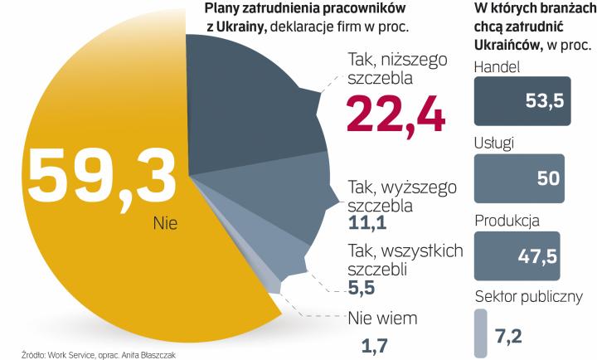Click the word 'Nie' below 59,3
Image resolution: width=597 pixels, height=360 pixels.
165,223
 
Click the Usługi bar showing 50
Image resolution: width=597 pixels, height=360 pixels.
520,178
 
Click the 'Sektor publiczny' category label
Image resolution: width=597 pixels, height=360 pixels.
528,297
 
